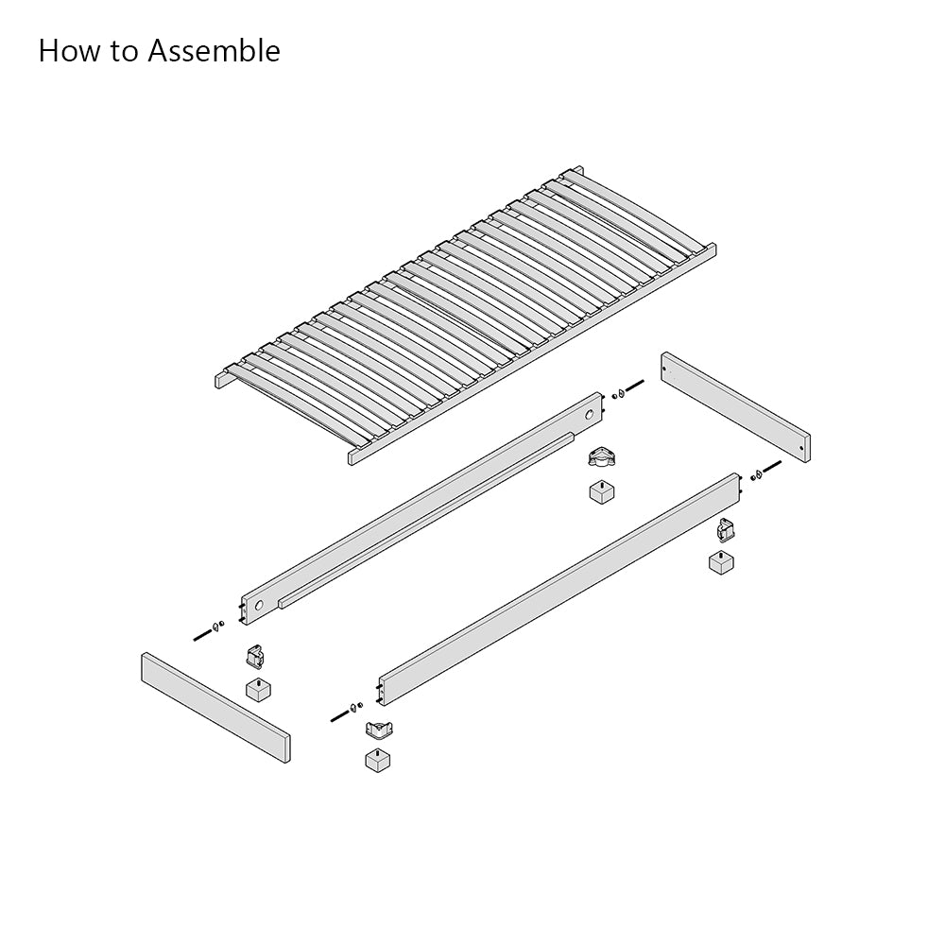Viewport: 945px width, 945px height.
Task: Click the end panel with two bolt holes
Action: (735, 406)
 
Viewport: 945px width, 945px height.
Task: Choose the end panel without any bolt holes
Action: (215, 706)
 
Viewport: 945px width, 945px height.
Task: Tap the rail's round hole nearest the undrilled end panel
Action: (259, 603)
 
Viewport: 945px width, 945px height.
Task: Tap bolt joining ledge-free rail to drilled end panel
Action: (771, 466)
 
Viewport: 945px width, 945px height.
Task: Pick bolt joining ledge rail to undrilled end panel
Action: (202, 634)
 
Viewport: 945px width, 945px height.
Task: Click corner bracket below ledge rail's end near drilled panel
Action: (598, 459)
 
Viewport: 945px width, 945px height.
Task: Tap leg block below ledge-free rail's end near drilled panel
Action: (722, 561)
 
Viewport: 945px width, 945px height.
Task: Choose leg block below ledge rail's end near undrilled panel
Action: (258, 688)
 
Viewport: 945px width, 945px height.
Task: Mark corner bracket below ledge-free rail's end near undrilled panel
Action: (379, 729)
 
